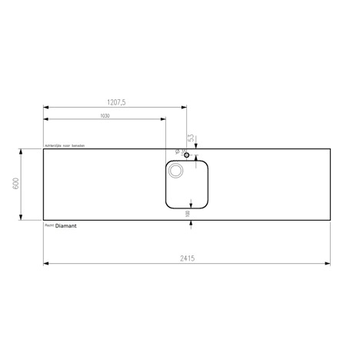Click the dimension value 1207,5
[115, 101]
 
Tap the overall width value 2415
[187, 258]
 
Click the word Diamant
[67, 226]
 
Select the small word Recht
[49, 226]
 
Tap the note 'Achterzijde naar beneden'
[69, 145]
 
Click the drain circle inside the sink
[177, 172]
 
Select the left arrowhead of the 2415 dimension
[46, 264]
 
